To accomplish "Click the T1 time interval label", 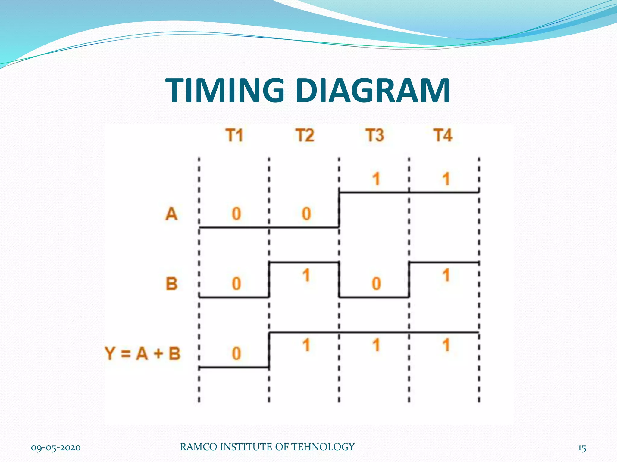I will [x=234, y=135].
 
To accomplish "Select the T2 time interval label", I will [x=305, y=135].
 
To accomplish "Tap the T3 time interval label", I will [x=375, y=135].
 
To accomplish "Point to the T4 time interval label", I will [x=443, y=135].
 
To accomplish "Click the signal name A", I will [x=171, y=214].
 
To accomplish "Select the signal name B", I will [x=172, y=284].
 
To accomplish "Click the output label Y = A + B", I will [x=143, y=353].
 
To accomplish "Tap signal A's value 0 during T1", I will [x=236, y=214].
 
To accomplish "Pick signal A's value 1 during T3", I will [x=376, y=179].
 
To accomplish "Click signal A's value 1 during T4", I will [x=446, y=179].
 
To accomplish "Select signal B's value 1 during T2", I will [x=306, y=275].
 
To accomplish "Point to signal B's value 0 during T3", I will [x=376, y=284].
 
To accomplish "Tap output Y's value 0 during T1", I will [x=236, y=353].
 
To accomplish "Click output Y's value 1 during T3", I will [x=376, y=345].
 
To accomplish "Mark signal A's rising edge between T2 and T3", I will [x=339, y=210].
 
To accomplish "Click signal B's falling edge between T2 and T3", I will [x=339, y=280].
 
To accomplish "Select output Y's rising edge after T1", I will [x=269, y=350].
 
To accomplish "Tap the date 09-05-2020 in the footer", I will [x=56, y=448].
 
